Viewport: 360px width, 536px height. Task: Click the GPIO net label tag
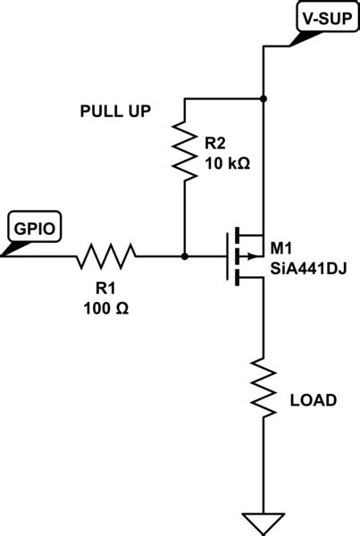[34, 228]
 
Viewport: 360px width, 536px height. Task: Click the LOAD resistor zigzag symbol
[264, 385]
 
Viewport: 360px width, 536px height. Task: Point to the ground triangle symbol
[264, 521]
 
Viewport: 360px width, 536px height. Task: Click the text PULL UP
[114, 112]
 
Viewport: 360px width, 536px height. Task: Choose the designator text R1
[106, 289]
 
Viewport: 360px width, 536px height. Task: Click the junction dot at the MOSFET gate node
[184, 256]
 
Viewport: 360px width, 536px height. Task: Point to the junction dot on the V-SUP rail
[264, 97]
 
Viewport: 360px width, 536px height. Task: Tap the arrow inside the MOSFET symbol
[247, 256]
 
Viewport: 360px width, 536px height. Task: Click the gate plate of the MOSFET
[226, 256]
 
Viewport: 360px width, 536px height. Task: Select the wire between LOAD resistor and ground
[264, 465]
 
